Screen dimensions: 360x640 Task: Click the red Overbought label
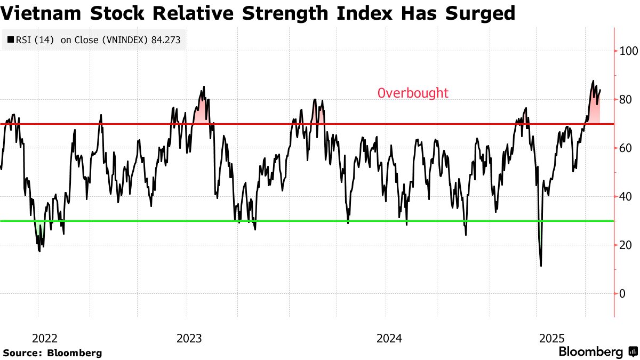[413, 93]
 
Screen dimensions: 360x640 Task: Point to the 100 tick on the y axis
[628, 51]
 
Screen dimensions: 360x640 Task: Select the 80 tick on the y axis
[625, 100]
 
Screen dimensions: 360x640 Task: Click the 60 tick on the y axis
[625, 148]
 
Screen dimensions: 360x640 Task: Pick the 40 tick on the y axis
[625, 197]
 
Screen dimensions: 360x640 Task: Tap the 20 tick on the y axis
[625, 245]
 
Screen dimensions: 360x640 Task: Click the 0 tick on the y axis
[622, 294]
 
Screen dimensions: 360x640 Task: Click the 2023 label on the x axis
[189, 339]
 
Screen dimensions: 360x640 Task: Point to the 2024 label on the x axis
[389, 339]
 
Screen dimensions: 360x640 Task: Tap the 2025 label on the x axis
[551, 339]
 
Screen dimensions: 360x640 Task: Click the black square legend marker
[11, 39]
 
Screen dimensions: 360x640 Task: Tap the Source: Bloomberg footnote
[52, 353]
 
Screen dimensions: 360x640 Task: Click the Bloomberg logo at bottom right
[597, 352]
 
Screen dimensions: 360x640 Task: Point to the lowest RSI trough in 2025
[541, 266]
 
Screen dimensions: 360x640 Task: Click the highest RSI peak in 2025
[593, 81]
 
